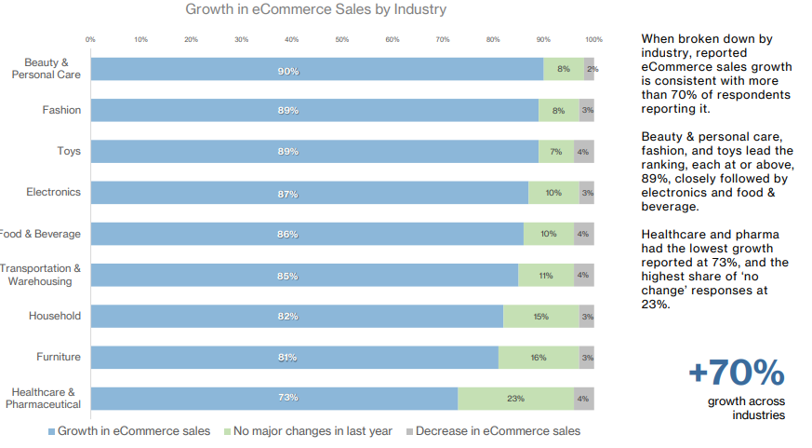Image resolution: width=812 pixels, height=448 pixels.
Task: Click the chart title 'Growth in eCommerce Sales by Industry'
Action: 315,10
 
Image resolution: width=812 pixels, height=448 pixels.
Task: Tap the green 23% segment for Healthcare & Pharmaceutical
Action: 515,399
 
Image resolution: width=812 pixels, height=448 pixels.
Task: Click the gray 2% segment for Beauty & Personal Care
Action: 590,70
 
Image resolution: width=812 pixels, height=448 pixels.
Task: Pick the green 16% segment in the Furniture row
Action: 538,358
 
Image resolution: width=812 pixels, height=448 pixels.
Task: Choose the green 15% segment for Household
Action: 540,317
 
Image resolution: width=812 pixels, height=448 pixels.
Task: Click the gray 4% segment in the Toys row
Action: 583,152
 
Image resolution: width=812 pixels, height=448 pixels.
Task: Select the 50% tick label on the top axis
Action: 342,39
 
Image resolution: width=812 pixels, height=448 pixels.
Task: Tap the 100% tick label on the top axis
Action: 593,39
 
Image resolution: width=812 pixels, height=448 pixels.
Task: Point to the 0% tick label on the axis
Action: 90,39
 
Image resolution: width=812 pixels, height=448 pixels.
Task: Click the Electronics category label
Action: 53,192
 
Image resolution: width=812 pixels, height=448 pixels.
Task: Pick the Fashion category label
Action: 61,110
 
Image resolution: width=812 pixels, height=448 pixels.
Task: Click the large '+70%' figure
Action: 736,373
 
